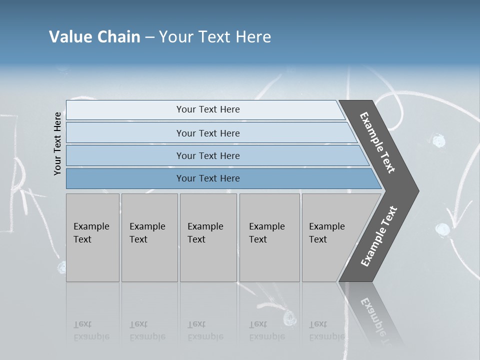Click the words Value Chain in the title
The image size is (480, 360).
pyautogui.click(x=94, y=37)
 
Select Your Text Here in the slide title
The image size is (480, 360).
pyautogui.click(x=215, y=37)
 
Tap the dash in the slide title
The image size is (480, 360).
pyautogui.click(x=149, y=37)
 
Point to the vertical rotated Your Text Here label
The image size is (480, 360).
pyautogui.click(x=58, y=143)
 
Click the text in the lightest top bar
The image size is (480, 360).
pyautogui.click(x=208, y=109)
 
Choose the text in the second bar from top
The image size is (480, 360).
pyautogui.click(x=208, y=133)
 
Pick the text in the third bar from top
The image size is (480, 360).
pyautogui.click(x=208, y=156)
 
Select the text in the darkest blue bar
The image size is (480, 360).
pyautogui.click(x=208, y=178)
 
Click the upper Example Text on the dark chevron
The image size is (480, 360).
pyautogui.click(x=377, y=142)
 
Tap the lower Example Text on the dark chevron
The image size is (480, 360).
pyautogui.click(x=379, y=236)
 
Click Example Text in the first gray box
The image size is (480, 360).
pyautogui.click(x=91, y=233)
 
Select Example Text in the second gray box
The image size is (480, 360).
pyautogui.click(x=147, y=233)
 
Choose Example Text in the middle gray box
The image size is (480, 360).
pyautogui.click(x=205, y=233)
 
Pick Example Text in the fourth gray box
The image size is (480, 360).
pyautogui.click(x=266, y=233)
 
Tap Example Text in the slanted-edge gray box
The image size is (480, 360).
pyautogui.click(x=326, y=233)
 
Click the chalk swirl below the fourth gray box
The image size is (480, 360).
pyautogui.click(x=288, y=317)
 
